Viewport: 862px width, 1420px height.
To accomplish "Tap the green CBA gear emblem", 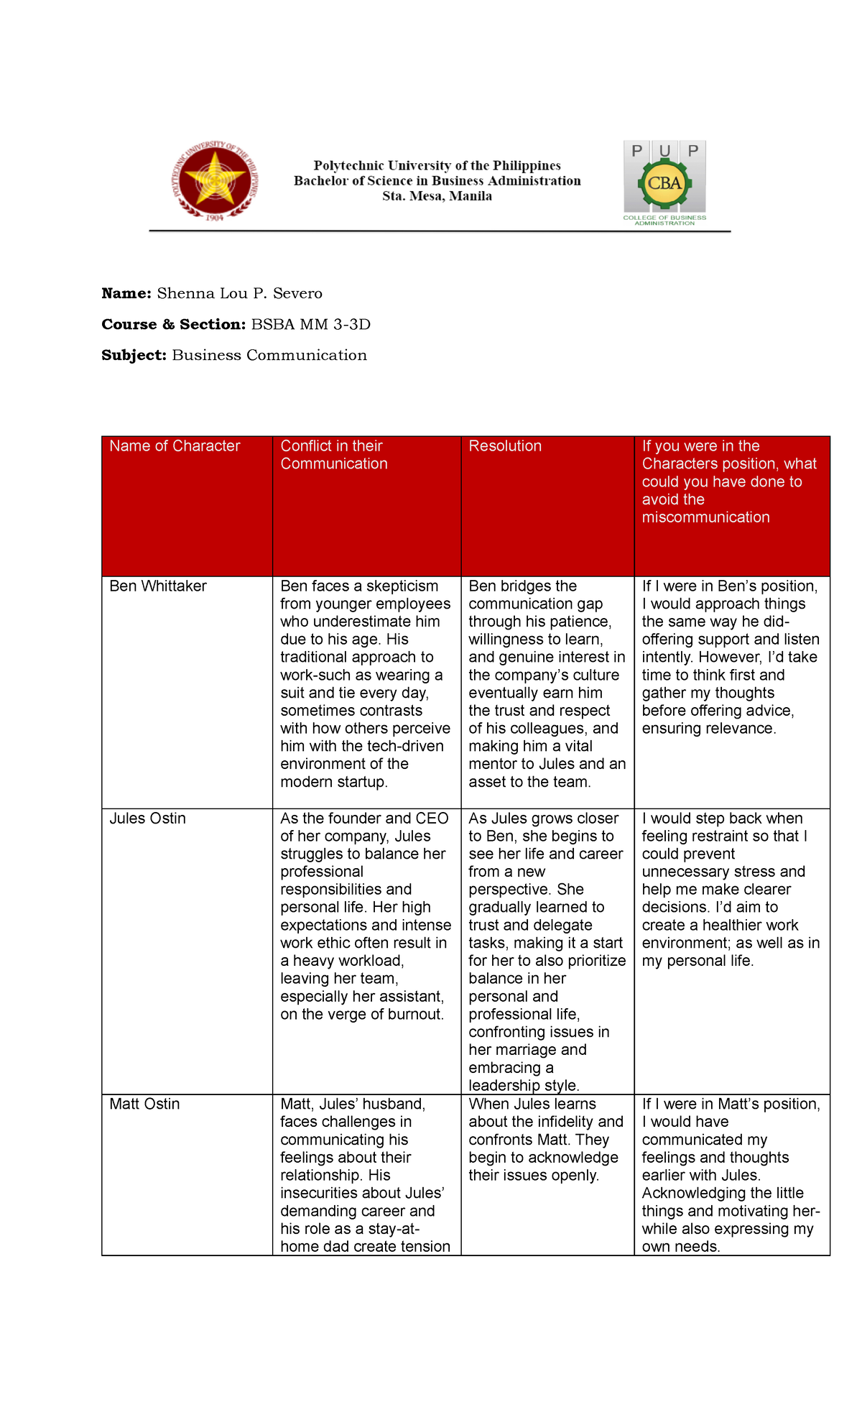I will point(664,183).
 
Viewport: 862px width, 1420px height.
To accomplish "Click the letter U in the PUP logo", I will point(665,151).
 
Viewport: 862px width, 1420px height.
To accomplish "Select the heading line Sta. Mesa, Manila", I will point(437,196).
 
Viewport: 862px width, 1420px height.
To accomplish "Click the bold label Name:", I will point(126,293).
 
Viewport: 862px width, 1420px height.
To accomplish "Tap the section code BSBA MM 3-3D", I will point(310,324).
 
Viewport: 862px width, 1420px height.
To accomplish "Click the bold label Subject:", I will point(134,355).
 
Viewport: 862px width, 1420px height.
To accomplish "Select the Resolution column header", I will point(505,446).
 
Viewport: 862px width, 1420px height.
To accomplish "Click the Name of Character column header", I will point(175,446).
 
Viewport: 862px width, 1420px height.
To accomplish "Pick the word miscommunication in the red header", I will point(705,517).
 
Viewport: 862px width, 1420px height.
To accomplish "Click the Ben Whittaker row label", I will point(158,586).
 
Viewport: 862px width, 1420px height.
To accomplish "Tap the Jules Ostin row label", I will point(147,818).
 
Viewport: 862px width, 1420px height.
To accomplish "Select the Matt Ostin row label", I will point(144,1104).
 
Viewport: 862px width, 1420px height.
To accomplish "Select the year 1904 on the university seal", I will point(214,218).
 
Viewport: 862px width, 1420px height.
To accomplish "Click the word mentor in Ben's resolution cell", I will point(492,764).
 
